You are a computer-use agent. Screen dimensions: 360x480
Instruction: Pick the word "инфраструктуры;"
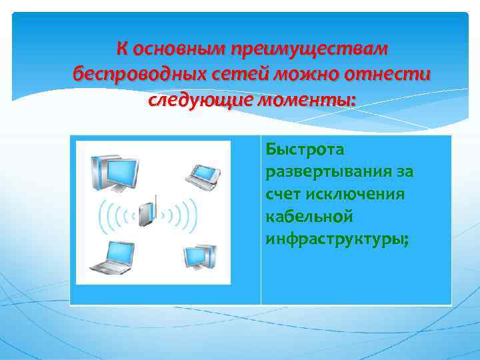(x=337, y=239)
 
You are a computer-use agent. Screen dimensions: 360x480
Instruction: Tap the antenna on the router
(x=154, y=201)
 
